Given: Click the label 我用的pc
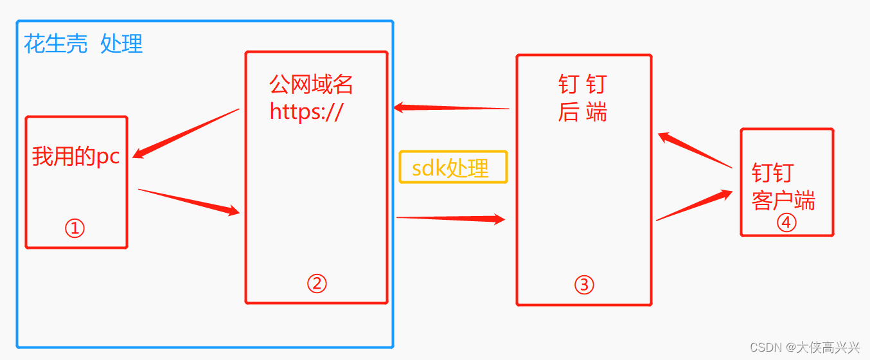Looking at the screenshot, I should (x=76, y=157).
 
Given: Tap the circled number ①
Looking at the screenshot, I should (x=75, y=228).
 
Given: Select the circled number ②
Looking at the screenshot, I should (x=317, y=283).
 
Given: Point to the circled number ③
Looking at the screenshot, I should (x=584, y=285).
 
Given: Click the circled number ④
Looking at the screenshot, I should (x=786, y=222).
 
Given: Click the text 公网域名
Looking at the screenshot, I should (x=311, y=85).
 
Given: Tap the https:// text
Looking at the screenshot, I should (x=307, y=112).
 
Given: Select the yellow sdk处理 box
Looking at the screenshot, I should (x=453, y=167).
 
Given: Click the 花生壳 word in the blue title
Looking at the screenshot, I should (x=55, y=44).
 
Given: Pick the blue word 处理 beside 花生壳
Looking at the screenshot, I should (x=121, y=44).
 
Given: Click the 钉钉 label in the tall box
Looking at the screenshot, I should (x=583, y=85).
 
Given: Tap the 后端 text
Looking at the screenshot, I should (x=583, y=113).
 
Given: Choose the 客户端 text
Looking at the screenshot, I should (x=783, y=201).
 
